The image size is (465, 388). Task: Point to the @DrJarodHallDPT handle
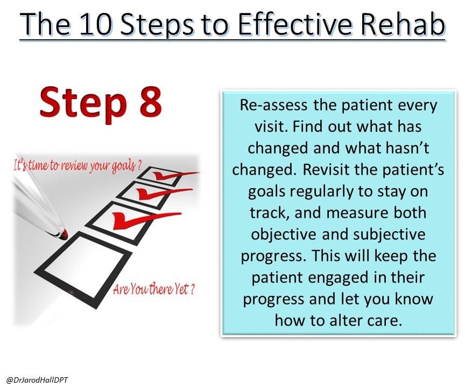37,380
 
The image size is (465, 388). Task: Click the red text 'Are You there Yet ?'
153,289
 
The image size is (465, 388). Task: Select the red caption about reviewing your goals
76,165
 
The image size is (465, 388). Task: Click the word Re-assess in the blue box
273,105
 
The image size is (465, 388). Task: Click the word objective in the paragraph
284,235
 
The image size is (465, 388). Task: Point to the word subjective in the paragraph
389,235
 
